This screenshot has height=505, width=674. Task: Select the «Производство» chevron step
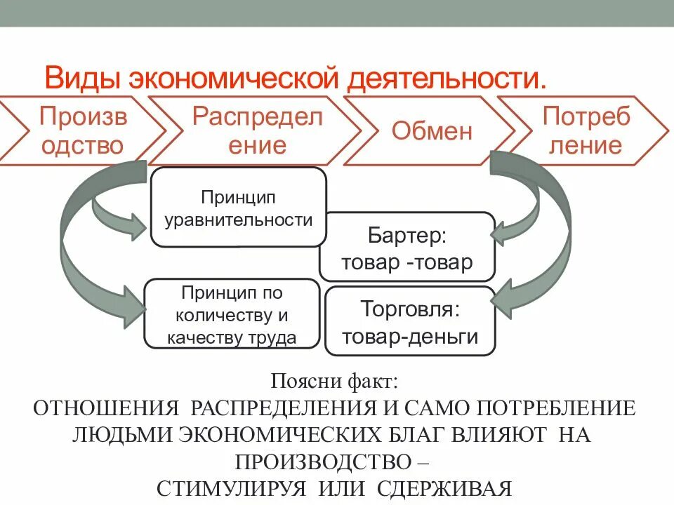point(83,131)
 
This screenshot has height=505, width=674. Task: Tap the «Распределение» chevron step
point(258,131)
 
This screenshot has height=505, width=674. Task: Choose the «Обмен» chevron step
point(432,131)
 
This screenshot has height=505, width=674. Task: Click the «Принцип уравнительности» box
point(239,208)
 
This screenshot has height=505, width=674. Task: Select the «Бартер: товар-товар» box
point(407,247)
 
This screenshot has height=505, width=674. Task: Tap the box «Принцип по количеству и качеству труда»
point(232,314)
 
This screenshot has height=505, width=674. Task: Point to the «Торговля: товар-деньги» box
point(411,321)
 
